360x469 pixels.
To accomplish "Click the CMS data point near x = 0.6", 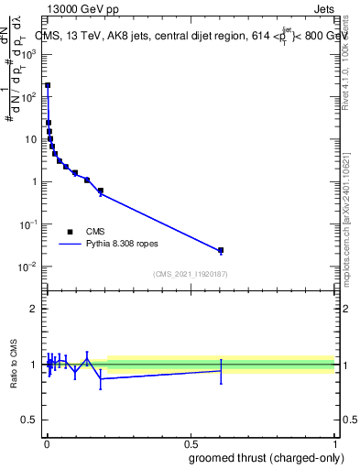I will [x=221, y=250].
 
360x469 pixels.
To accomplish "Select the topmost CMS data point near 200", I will [x=48, y=85].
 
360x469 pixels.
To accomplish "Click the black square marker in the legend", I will [x=70, y=232].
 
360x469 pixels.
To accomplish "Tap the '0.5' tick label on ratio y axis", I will [x=30, y=421].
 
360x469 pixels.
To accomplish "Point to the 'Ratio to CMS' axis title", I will [x=15, y=365].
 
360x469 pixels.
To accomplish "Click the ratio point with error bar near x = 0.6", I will [x=221, y=370].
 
